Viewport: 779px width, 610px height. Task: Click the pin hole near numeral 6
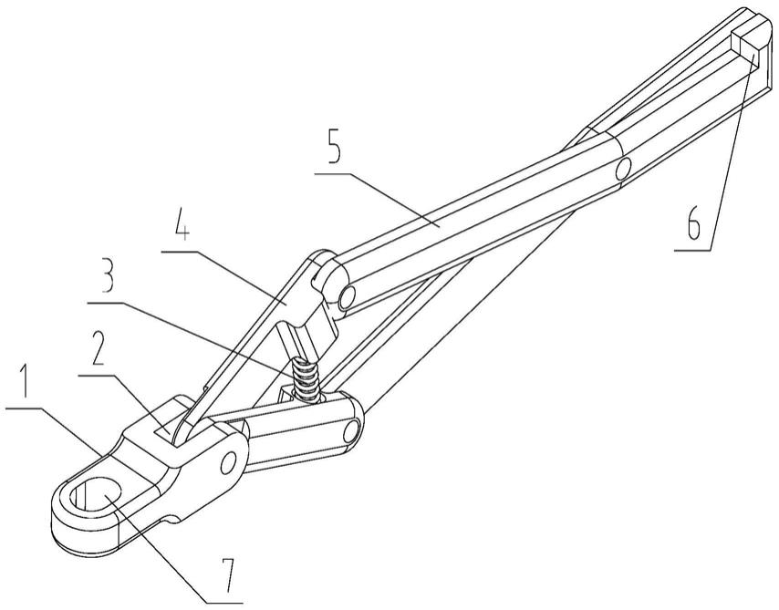pyautogui.click(x=623, y=168)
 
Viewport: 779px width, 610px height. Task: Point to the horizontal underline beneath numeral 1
pyautogui.click(x=33, y=409)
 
